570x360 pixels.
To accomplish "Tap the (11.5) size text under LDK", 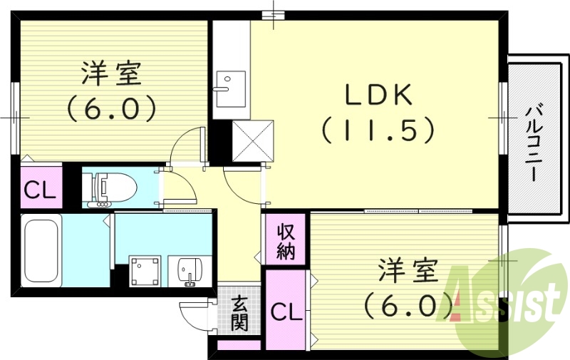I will pos(378,130).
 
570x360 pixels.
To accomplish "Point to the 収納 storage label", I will pos(286,241).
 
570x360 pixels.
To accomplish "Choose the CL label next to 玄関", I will pos(285,311).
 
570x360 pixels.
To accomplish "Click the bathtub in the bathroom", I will pos(39,252).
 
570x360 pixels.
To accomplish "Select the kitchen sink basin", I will pos(229,83).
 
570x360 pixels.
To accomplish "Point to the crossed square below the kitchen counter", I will pos(254,140).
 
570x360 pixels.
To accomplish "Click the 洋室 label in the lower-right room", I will pos(408,274).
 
